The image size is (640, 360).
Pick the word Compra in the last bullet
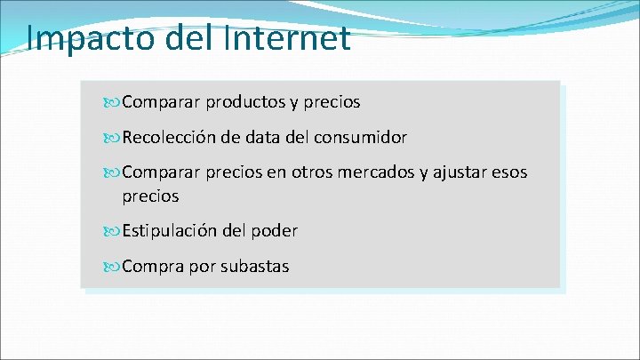pos(152,266)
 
